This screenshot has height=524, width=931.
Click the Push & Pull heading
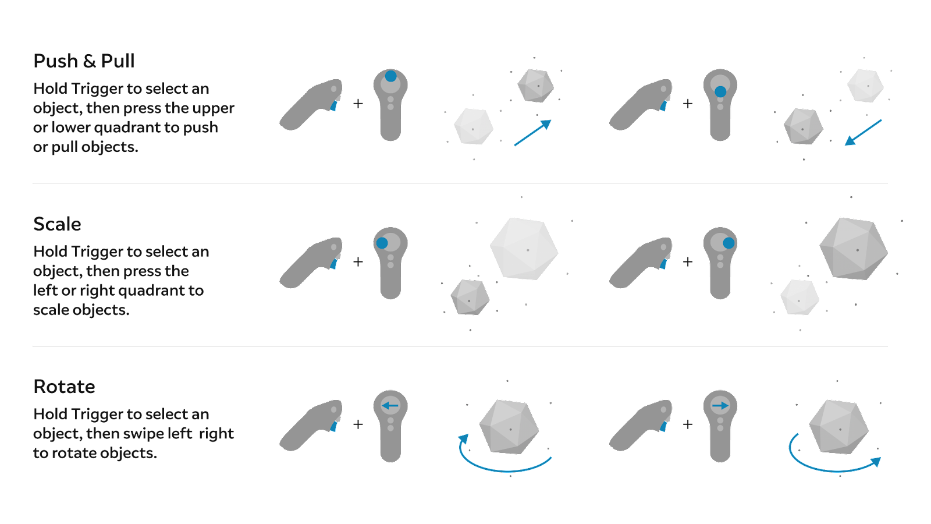84,61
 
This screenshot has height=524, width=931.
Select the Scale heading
57,224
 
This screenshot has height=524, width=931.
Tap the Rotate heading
64,386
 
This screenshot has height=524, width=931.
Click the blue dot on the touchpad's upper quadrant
390,76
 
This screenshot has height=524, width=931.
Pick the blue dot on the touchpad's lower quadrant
720,91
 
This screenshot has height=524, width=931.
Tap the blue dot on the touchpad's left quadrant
382,243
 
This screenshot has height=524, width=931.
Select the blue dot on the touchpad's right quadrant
729,243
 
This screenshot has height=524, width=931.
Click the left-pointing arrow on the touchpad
390,405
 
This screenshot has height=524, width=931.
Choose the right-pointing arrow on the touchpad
720,405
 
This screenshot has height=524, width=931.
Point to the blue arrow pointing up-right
532,133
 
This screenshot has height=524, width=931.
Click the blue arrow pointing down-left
863,133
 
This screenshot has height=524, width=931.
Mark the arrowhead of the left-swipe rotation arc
464,439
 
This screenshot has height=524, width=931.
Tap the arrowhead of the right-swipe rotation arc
875,462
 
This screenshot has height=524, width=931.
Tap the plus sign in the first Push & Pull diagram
358,104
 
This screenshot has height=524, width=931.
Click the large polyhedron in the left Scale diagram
524,249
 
